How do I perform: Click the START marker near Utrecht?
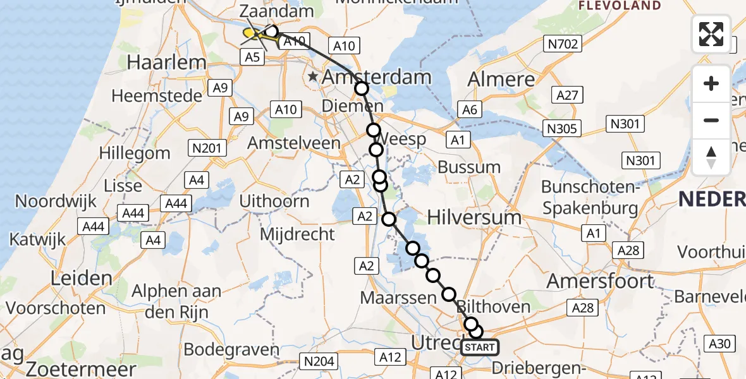(x=480, y=347)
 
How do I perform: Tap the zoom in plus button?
(x=711, y=83)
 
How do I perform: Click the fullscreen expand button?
(x=711, y=33)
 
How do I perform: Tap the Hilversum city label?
(x=474, y=217)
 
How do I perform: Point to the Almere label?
(x=501, y=80)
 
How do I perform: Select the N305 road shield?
(x=561, y=129)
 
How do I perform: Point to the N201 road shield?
(x=208, y=148)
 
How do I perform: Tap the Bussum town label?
(x=469, y=168)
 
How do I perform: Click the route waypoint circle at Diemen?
(x=361, y=88)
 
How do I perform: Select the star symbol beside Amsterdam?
(x=313, y=78)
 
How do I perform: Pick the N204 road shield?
(x=320, y=361)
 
